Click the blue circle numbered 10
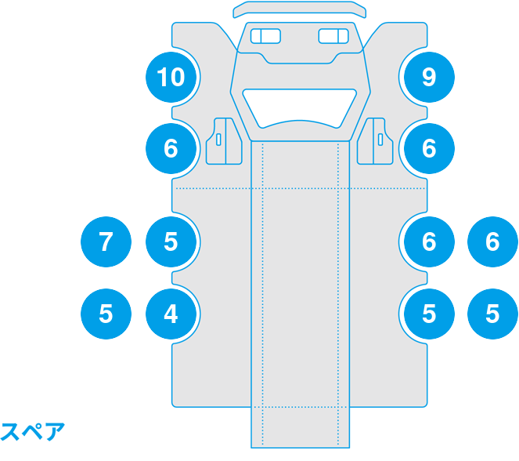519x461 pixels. click(x=171, y=77)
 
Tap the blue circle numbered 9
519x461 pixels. click(x=428, y=77)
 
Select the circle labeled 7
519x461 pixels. click(x=106, y=241)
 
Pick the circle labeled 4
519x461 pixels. click(x=171, y=314)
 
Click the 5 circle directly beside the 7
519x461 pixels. click(x=171, y=241)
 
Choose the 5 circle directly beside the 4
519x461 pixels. click(x=106, y=314)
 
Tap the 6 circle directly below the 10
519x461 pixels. click(x=171, y=148)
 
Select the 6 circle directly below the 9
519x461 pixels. click(x=428, y=148)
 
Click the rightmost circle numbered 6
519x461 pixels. click(x=492, y=241)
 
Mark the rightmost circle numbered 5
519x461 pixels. click(x=492, y=314)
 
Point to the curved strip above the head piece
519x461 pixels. click(x=300, y=9)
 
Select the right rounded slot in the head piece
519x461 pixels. click(x=334, y=36)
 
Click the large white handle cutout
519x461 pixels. click(x=300, y=105)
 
